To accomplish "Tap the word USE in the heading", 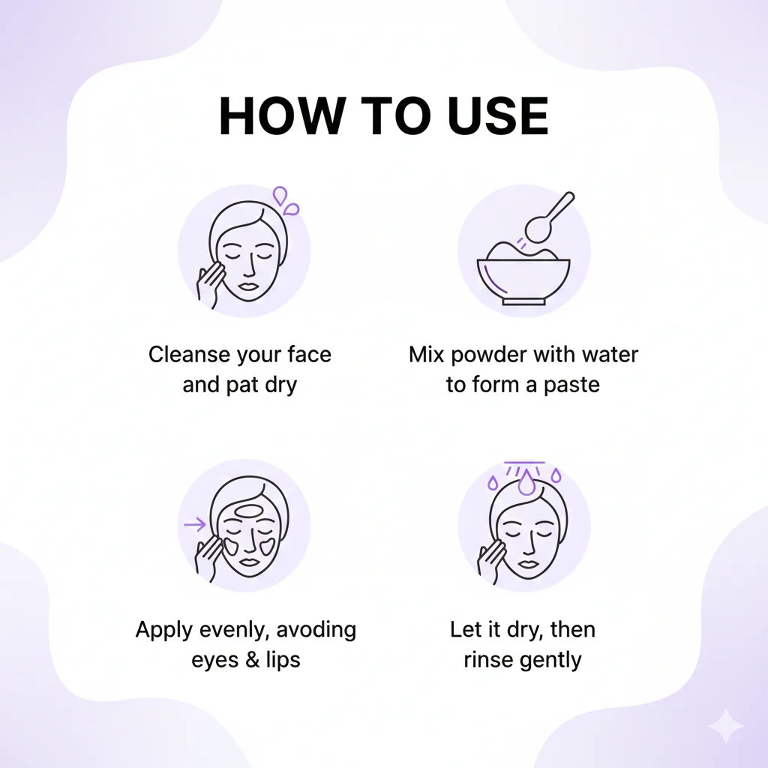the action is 498,115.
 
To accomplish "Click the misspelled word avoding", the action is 316,629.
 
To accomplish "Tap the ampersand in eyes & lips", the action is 253,660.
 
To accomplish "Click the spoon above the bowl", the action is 547,219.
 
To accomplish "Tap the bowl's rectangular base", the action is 523,301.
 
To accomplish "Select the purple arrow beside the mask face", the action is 195,524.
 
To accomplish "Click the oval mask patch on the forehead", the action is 250,511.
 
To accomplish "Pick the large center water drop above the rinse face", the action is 526,483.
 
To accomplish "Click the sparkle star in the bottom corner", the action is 726,725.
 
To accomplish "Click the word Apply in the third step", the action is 163,631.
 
